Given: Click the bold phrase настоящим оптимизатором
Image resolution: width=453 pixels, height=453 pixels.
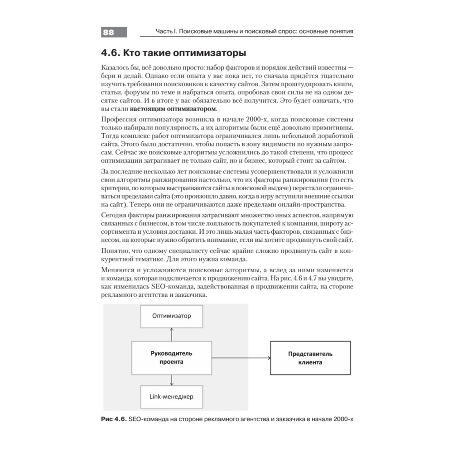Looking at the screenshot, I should coord(173,110).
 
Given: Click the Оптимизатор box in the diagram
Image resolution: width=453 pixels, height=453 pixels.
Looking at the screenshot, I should coord(171,315).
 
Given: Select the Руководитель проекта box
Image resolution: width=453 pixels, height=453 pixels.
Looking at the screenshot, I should coord(171,358).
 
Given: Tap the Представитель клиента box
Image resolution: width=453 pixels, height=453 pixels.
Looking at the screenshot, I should coord(310,358).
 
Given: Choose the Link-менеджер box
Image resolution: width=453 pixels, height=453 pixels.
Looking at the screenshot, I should coord(171,397).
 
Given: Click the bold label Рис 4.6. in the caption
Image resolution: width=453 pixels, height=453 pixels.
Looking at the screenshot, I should coord(113,419).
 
